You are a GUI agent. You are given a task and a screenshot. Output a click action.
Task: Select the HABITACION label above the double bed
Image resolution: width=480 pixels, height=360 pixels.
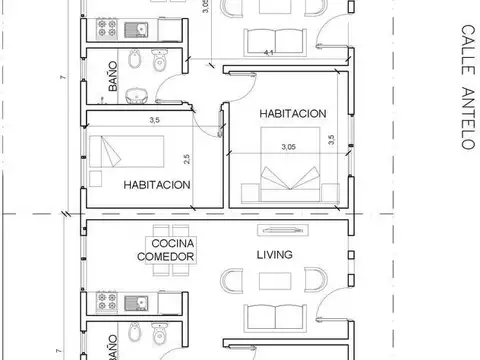292,114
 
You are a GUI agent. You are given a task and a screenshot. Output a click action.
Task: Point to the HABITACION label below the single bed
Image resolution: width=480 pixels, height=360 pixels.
157,185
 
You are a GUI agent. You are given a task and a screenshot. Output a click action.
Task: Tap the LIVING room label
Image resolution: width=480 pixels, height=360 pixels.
274,255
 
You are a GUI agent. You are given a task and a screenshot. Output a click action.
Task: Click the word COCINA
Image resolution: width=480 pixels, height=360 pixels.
173,243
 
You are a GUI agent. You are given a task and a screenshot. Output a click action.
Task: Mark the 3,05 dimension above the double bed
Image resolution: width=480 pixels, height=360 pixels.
289,146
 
